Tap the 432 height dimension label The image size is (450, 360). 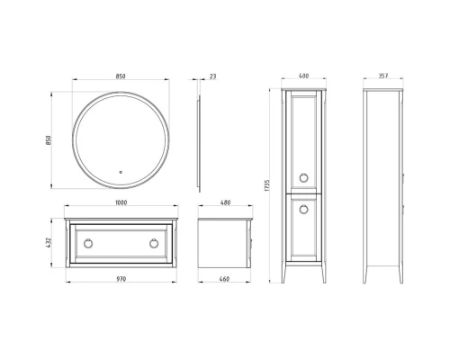52,244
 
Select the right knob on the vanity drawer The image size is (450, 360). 152,243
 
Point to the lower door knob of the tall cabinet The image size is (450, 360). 302,209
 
